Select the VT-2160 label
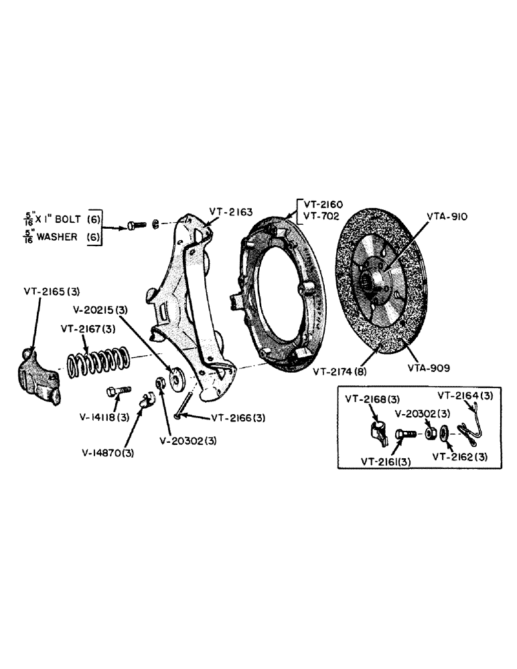point(321,203)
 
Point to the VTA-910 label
point(447,217)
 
